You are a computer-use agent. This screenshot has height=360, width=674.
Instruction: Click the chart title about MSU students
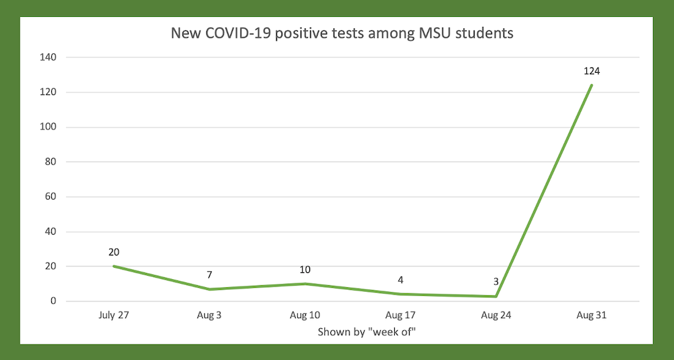tap(342, 33)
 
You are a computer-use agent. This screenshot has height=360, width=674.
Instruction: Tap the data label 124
tap(592, 71)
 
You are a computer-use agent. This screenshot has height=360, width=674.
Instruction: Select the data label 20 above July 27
tap(114, 252)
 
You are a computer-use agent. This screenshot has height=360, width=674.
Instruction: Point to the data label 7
tap(210, 275)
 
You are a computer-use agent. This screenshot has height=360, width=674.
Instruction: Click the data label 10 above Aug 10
tap(305, 270)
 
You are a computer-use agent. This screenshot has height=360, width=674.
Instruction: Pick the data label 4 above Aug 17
tap(400, 280)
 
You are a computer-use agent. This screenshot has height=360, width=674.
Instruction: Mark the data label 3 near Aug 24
tap(496, 282)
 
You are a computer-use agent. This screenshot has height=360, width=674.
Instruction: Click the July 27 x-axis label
tap(114, 315)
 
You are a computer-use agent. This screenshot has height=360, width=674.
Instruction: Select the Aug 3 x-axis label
tap(210, 315)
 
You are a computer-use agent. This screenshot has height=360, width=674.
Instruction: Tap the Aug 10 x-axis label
tap(305, 315)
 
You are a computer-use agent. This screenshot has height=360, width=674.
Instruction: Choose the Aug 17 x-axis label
tap(400, 315)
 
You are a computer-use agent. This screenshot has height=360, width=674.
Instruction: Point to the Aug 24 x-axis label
tap(496, 315)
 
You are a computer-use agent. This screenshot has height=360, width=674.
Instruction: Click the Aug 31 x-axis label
tap(592, 315)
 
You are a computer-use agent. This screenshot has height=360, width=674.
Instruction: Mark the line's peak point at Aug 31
tap(592, 85)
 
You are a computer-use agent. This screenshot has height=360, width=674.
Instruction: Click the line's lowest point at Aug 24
tap(496, 296)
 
